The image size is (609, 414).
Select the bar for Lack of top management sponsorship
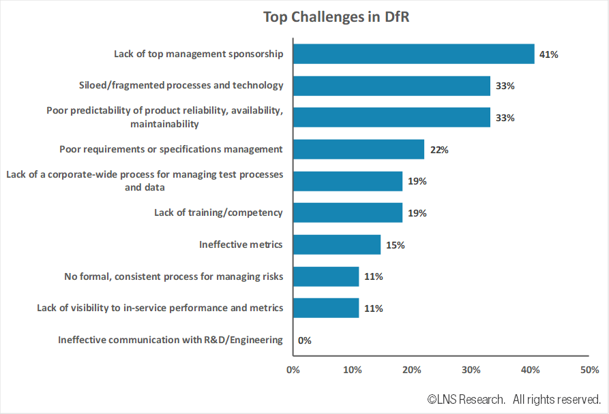(x=413, y=54)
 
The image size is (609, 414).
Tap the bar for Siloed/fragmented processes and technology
(x=391, y=86)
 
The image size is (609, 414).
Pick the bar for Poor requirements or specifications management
(x=358, y=149)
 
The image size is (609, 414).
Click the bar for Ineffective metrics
(x=336, y=244)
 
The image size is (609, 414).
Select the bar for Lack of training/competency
(x=347, y=212)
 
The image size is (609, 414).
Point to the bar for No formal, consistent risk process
(x=325, y=276)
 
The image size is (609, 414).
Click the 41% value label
(x=548, y=54)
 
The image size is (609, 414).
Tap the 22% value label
(x=439, y=150)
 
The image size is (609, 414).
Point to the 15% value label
(x=395, y=245)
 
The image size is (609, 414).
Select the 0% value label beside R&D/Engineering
(x=304, y=340)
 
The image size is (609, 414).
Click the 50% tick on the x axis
(x=589, y=370)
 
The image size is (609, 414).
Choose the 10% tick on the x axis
(x=352, y=370)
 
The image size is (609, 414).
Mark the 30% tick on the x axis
(x=471, y=370)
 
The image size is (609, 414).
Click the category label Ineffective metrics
(x=241, y=244)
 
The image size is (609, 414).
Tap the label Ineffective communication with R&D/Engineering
(x=170, y=340)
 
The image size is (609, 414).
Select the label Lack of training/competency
(x=218, y=212)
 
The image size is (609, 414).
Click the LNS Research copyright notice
(x=514, y=398)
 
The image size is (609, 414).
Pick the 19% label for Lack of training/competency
(x=417, y=213)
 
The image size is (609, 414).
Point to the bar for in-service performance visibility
(x=325, y=308)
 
